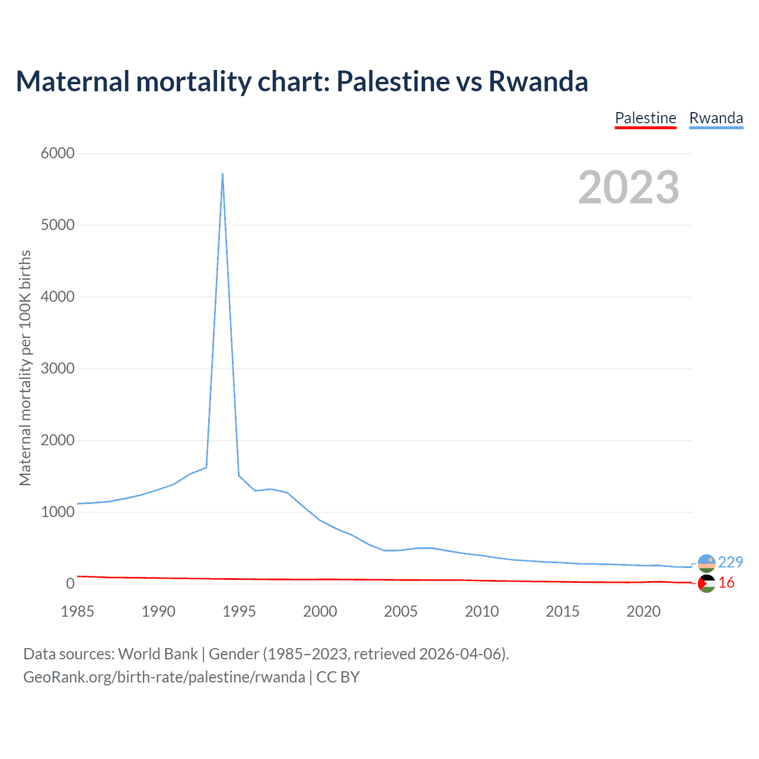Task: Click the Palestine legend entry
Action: [645, 118]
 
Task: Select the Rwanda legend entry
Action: [716, 118]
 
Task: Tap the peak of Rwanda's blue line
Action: [222, 174]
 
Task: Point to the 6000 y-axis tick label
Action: [58, 153]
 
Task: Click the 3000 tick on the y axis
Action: [58, 368]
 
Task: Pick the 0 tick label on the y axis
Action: [71, 583]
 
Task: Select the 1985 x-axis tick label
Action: [77, 611]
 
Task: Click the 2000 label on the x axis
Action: [320, 611]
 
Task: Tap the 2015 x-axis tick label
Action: [562, 611]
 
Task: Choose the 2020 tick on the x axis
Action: [643, 611]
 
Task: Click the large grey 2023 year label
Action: [629, 187]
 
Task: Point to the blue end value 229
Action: [730, 562]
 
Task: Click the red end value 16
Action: [726, 583]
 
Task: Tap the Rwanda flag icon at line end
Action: [706, 563]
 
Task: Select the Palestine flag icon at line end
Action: [706, 584]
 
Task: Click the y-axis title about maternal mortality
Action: [25, 368]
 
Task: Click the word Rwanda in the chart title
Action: [538, 81]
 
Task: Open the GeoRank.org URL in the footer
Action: [164, 677]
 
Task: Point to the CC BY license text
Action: [338, 677]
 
